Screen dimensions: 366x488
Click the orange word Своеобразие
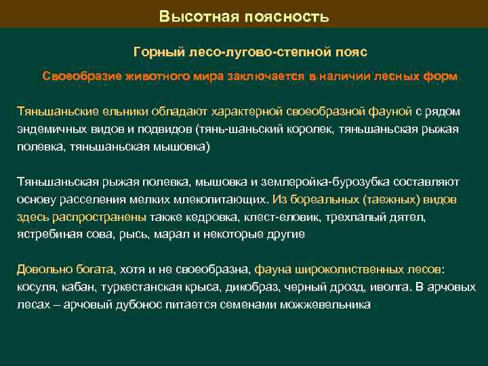pyautogui.click(x=80, y=76)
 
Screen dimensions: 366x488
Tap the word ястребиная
pyautogui.click(x=47, y=235)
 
